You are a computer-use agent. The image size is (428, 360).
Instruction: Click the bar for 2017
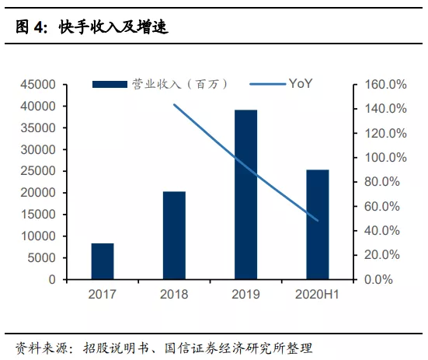(103, 261)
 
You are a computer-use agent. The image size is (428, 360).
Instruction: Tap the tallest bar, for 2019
(245, 194)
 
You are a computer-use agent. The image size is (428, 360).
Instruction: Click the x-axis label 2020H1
(317, 295)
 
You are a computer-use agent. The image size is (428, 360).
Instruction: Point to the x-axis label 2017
(103, 295)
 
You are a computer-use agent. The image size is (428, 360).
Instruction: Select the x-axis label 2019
(245, 295)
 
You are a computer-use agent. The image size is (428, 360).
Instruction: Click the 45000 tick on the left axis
(39, 84)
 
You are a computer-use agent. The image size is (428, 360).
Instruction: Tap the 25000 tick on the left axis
(39, 171)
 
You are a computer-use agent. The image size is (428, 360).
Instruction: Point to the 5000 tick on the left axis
(42, 257)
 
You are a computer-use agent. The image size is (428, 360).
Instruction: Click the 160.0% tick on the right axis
(385, 84)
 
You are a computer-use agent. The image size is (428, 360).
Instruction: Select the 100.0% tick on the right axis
(385, 157)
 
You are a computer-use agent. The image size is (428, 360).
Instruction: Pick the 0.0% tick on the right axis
(388, 279)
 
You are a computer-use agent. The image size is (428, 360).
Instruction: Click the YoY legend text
(300, 83)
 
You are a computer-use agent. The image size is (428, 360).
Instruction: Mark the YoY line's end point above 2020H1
(317, 220)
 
